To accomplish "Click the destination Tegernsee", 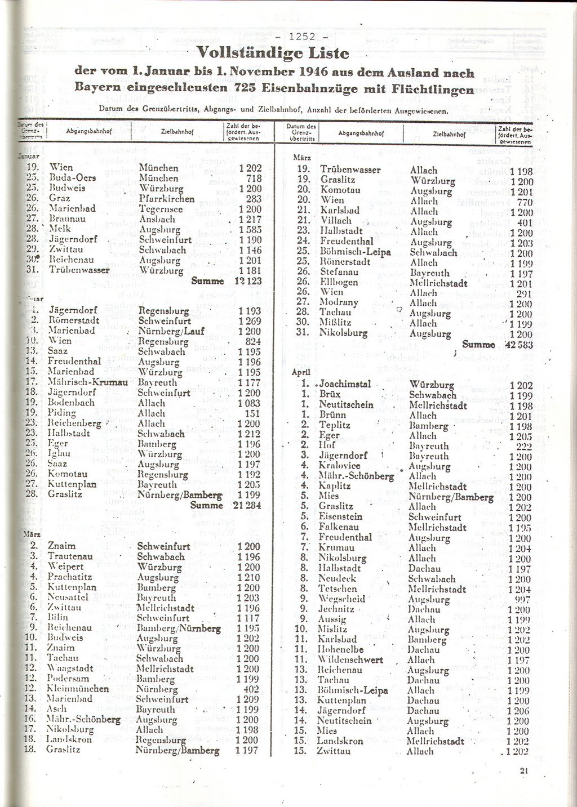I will click(161, 208).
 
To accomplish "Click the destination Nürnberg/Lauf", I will click(171, 331).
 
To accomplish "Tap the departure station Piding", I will click(61, 413).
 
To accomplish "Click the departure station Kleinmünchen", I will click(77, 689).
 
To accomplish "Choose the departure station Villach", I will click(336, 221).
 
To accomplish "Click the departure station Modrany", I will click(339, 302).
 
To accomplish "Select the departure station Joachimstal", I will click(345, 384).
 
